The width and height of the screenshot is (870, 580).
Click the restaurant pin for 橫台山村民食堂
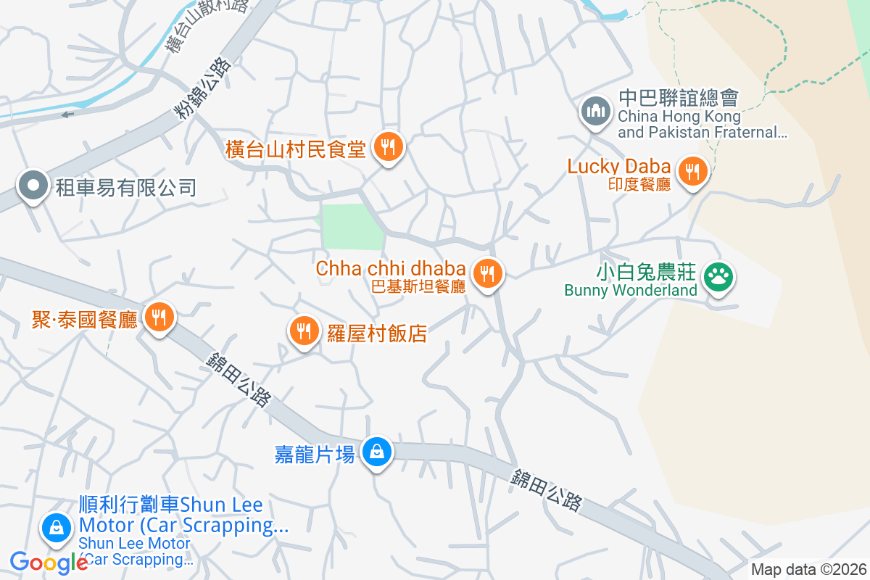tap(389, 148)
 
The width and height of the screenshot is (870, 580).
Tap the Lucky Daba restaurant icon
tap(693, 172)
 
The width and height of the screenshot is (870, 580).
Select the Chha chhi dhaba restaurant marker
tap(488, 274)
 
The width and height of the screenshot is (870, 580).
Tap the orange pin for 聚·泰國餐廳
tap(158, 318)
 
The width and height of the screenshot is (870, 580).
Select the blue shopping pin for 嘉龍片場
tap(377, 453)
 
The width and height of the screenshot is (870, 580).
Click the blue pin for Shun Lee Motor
tap(56, 529)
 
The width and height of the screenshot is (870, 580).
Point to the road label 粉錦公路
tap(203, 87)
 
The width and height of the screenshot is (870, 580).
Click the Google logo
tap(49, 562)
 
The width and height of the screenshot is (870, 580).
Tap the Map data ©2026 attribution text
tap(808, 569)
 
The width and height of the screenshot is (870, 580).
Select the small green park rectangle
tap(352, 227)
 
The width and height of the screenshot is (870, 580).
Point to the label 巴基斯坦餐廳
tap(418, 286)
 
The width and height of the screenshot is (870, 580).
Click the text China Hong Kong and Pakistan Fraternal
tap(702, 124)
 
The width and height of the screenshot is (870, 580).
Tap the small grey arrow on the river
tap(67, 114)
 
